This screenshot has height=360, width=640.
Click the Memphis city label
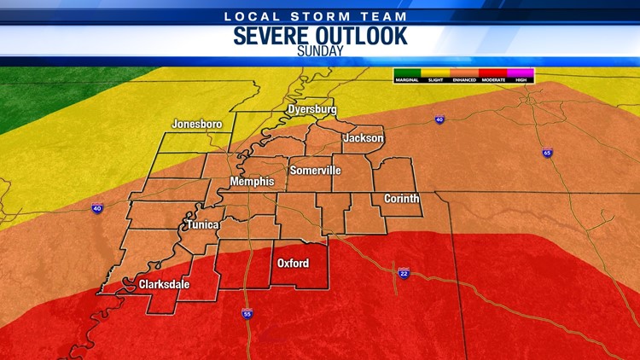click(x=252, y=182)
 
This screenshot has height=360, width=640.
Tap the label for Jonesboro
click(x=196, y=124)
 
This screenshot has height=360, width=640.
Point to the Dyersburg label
click(x=312, y=110)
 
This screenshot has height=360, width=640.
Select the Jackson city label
click(x=364, y=138)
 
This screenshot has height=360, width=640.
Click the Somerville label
click(x=315, y=171)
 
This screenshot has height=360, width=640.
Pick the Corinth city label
click(x=401, y=199)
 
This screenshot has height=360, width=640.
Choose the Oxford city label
click(x=293, y=263)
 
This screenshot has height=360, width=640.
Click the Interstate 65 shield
click(x=546, y=154)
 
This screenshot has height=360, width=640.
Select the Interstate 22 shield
click(x=404, y=273)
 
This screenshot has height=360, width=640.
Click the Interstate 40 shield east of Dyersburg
click(x=439, y=120)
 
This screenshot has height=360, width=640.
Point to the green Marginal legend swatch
click(x=407, y=73)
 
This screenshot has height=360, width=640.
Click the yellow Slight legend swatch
click(x=435, y=73)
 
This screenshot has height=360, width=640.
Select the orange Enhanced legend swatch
click(x=463, y=73)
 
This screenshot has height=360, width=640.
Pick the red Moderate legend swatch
click(x=492, y=73)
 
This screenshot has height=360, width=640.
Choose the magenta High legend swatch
click(x=521, y=73)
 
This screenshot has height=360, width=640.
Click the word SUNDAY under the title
click(x=320, y=50)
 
